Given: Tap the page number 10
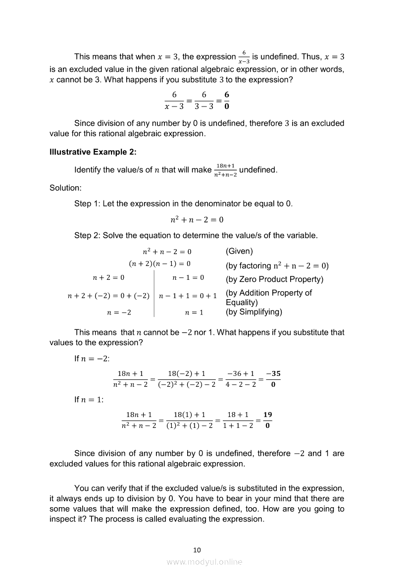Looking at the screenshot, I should pyautogui.click(x=197, y=549).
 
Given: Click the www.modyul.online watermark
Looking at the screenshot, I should pyautogui.click(x=204, y=562).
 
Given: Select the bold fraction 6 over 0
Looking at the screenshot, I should pyautogui.click(x=227, y=100).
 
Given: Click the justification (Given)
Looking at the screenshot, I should pyautogui.click(x=239, y=251).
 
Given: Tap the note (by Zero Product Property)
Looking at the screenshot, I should pyautogui.click(x=274, y=279).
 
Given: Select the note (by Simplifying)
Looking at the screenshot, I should pyautogui.click(x=254, y=312).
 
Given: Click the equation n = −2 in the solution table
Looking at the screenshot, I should pyautogui.click(x=119, y=313).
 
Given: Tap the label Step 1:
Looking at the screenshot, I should pyautogui.click(x=87, y=204).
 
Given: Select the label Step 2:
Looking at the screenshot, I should pyautogui.click(x=87, y=235).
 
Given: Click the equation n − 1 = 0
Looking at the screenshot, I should pyautogui.click(x=188, y=278).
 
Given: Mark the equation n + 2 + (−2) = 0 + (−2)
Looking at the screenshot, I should pyautogui.click(x=108, y=296).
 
